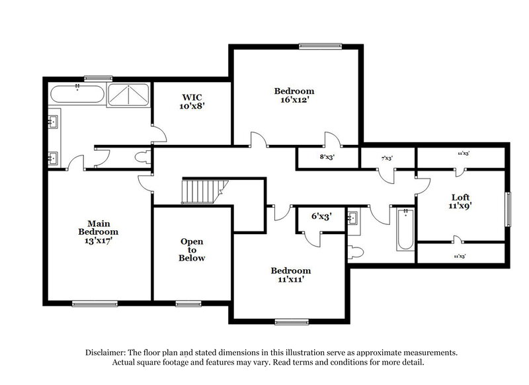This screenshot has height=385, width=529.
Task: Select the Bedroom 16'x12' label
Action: coord(294,95)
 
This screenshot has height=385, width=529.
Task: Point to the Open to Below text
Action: coord(192,249)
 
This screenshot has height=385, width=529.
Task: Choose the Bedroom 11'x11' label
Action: coord(290,275)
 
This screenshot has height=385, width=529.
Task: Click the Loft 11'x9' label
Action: coord(460,201)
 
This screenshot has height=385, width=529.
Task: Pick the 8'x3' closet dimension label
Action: coord(327,157)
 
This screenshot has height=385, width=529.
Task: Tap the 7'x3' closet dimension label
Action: coord(387,159)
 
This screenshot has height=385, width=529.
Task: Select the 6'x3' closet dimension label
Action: coord(321,217)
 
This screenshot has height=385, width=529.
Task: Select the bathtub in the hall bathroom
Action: coord(405,230)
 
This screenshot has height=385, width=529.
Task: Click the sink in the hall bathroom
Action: coord(352,218)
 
